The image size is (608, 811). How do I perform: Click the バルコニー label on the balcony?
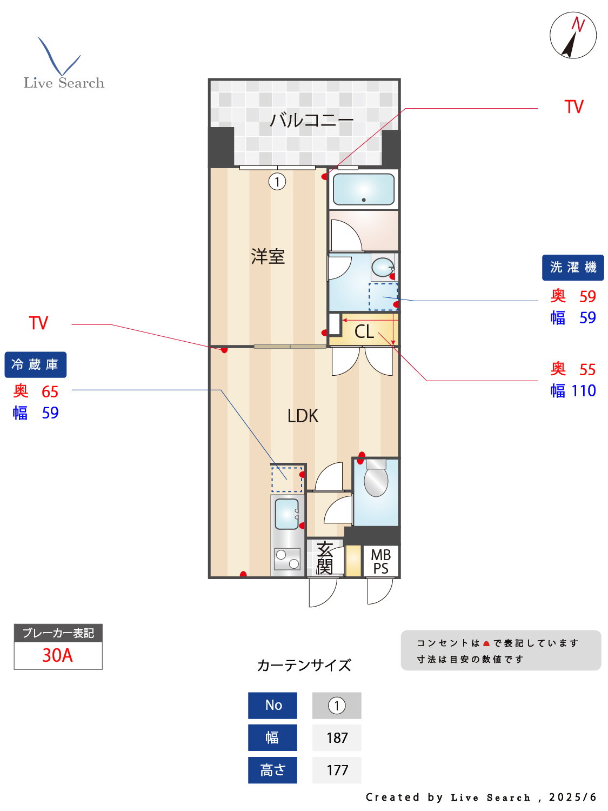(x=311, y=120)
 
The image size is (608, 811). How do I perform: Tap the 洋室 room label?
(x=268, y=256)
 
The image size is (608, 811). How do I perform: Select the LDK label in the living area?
(x=303, y=416)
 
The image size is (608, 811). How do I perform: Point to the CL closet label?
(x=364, y=331)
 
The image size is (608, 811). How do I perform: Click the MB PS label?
(x=380, y=562)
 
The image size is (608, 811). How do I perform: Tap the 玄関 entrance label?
(x=324, y=558)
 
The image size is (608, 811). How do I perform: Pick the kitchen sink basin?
(x=286, y=514)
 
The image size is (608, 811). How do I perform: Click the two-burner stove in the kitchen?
(x=287, y=559)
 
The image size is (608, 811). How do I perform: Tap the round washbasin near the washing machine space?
(x=383, y=267)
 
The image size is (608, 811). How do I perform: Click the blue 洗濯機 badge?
(x=573, y=267)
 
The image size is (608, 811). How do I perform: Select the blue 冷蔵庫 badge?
(x=35, y=364)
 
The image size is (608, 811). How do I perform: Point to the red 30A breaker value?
(x=57, y=655)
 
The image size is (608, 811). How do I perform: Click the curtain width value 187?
(x=337, y=737)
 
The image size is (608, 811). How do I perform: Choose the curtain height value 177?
(x=337, y=770)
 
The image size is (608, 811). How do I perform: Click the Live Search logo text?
(x=64, y=83)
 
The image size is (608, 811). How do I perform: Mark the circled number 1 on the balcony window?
(x=277, y=182)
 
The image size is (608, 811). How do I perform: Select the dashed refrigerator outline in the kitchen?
(x=286, y=480)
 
